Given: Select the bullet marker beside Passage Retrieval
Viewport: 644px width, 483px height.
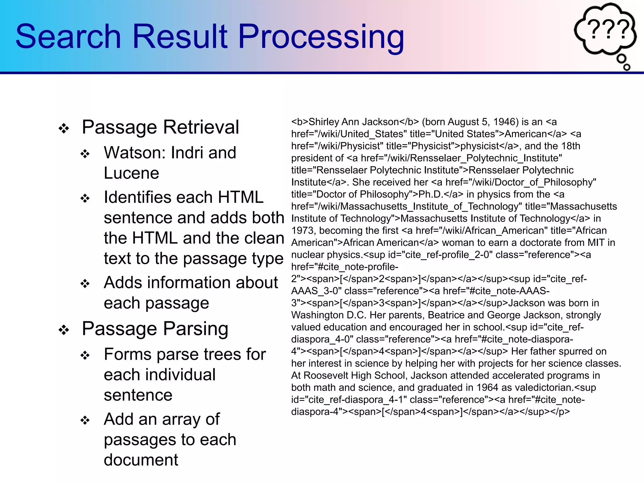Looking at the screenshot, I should coord(64,128).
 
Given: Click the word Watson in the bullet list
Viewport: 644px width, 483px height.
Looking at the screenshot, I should coord(132,153).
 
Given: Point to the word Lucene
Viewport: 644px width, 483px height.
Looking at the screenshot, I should coord(131,173).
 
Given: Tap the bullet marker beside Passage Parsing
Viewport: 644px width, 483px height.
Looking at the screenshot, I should coord(64,330).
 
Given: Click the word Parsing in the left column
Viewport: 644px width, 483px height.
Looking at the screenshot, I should coord(196,329).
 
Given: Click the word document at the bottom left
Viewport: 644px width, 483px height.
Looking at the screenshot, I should coord(141,460).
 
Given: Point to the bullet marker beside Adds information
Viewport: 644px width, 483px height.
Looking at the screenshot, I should coord(85,284).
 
